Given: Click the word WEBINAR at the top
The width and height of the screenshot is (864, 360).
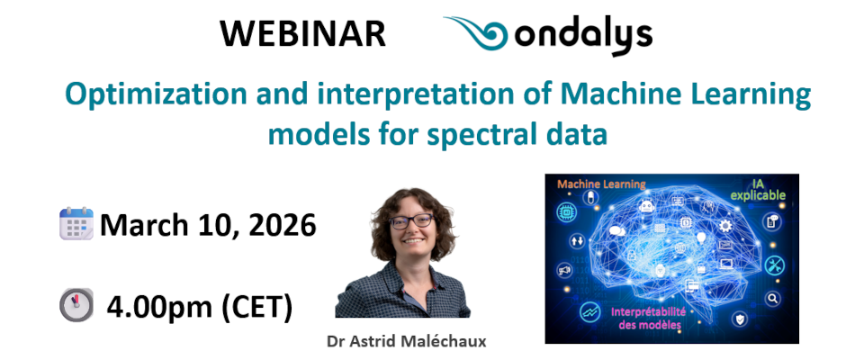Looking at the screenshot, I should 302,34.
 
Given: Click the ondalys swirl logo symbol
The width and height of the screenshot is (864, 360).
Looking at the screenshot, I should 481,34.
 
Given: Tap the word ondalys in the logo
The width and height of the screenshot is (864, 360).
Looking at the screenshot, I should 585,36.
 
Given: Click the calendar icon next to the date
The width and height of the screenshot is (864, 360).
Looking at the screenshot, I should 76,223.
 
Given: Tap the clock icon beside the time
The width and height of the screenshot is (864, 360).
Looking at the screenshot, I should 76,306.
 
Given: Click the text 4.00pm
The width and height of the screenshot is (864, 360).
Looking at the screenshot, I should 158,307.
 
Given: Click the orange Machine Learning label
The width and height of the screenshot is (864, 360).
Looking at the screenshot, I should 602,184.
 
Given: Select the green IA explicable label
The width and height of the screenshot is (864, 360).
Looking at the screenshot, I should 758,188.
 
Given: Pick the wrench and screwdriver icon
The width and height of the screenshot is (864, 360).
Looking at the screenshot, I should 774,265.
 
